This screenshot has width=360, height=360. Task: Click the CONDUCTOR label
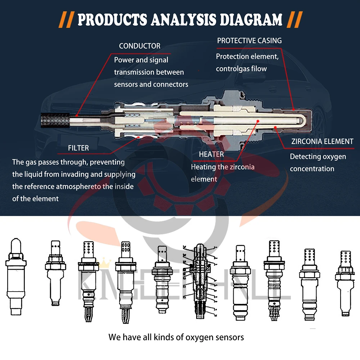(140, 46)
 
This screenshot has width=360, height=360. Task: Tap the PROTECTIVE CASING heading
(249, 41)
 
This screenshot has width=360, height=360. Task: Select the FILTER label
(78, 148)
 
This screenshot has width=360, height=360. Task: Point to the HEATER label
(211, 154)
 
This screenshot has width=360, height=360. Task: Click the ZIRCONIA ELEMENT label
(322, 141)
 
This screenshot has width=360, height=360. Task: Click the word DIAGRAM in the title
(251, 20)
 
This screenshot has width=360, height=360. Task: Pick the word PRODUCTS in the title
(112, 20)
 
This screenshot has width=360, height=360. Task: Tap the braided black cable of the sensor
(55, 120)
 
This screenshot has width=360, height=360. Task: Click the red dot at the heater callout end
(258, 121)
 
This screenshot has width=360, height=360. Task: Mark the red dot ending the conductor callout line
(77, 116)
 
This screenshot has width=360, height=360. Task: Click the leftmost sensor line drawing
(16, 276)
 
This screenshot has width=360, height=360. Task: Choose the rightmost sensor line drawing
(345, 283)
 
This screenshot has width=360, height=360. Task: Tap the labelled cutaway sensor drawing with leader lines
(200, 281)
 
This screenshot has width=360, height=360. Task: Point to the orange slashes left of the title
(66, 20)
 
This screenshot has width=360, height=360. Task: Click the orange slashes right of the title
(295, 20)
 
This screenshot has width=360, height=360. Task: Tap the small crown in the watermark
(104, 263)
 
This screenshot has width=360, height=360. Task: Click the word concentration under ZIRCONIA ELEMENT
(312, 169)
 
